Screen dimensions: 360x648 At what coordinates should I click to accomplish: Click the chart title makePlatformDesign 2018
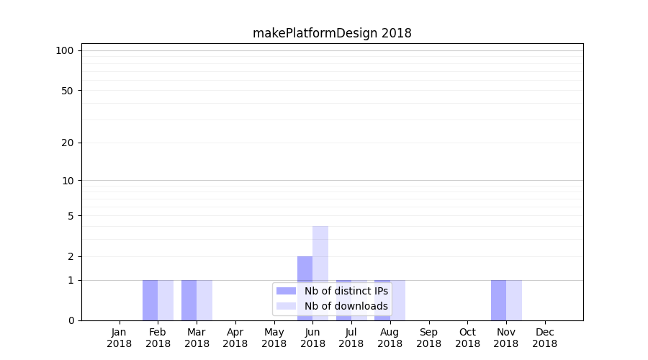pyautogui.click(x=332, y=33)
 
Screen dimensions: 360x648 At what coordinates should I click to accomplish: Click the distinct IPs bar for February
pyautogui.click(x=150, y=300)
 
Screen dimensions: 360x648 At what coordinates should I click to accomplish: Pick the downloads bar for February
pyautogui.click(x=166, y=300)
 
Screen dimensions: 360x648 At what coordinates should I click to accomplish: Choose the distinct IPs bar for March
pyautogui.click(x=189, y=300)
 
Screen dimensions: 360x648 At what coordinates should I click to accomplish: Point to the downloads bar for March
pyautogui.click(x=204, y=300)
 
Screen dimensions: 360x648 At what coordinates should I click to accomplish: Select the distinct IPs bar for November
pyautogui.click(x=498, y=300)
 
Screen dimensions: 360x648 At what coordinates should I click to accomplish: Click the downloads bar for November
pyautogui.click(x=514, y=300)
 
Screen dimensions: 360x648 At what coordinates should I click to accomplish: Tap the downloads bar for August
pyautogui.click(x=398, y=300)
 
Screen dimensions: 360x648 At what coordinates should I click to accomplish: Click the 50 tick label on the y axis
pyautogui.click(x=68, y=91)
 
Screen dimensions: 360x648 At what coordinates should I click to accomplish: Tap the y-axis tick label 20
pyautogui.click(x=68, y=143)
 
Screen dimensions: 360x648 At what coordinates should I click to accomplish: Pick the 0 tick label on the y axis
pyautogui.click(x=71, y=320)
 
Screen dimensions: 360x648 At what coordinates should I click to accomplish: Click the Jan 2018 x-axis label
pyautogui.click(x=120, y=338)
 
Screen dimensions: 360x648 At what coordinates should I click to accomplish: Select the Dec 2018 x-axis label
pyautogui.click(x=544, y=338)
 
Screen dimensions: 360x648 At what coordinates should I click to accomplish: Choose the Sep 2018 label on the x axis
pyautogui.click(x=428, y=338)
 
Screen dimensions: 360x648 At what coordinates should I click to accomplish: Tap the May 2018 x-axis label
pyautogui.click(x=274, y=338)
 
